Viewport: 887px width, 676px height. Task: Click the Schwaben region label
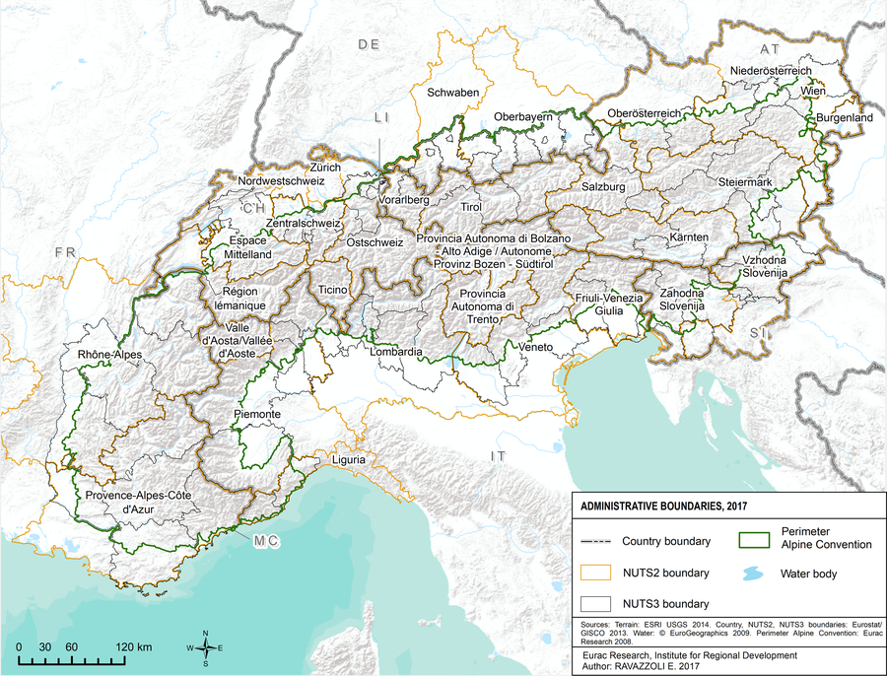point(453,93)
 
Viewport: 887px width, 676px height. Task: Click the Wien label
point(813,90)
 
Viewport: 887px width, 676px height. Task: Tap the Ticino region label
point(334,291)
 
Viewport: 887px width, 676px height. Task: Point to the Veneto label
point(534,347)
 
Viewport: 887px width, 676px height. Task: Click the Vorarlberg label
point(404,200)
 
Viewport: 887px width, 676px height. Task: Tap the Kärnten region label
point(689,238)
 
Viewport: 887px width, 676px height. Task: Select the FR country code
point(65,253)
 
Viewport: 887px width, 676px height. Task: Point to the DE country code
point(369,44)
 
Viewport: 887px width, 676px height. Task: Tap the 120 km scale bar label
point(132,646)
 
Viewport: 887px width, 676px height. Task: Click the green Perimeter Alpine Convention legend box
point(753,539)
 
